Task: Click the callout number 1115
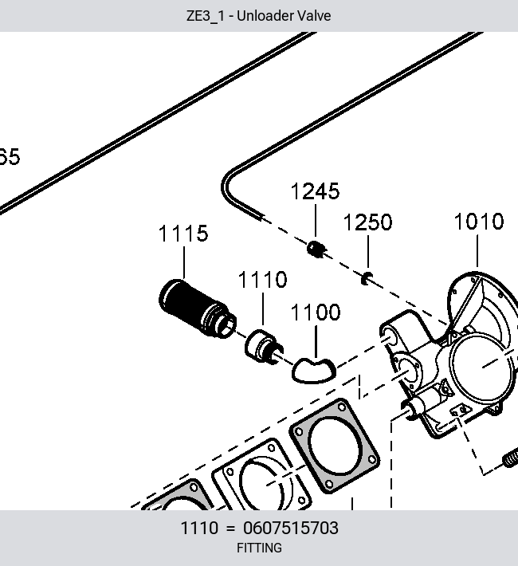(x=183, y=234)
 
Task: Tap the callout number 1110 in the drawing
(x=263, y=279)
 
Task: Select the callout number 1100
(x=316, y=312)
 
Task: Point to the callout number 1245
(x=315, y=191)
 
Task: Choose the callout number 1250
(x=368, y=222)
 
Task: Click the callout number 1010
(x=479, y=222)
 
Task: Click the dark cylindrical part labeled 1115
(x=197, y=309)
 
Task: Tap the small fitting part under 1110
(x=264, y=347)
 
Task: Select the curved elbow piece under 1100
(x=313, y=371)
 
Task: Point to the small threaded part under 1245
(x=316, y=249)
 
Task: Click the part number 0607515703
(x=291, y=528)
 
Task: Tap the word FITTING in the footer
(x=259, y=548)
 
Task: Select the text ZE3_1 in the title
(x=205, y=16)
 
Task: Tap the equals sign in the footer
(x=230, y=529)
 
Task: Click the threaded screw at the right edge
(x=510, y=458)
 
